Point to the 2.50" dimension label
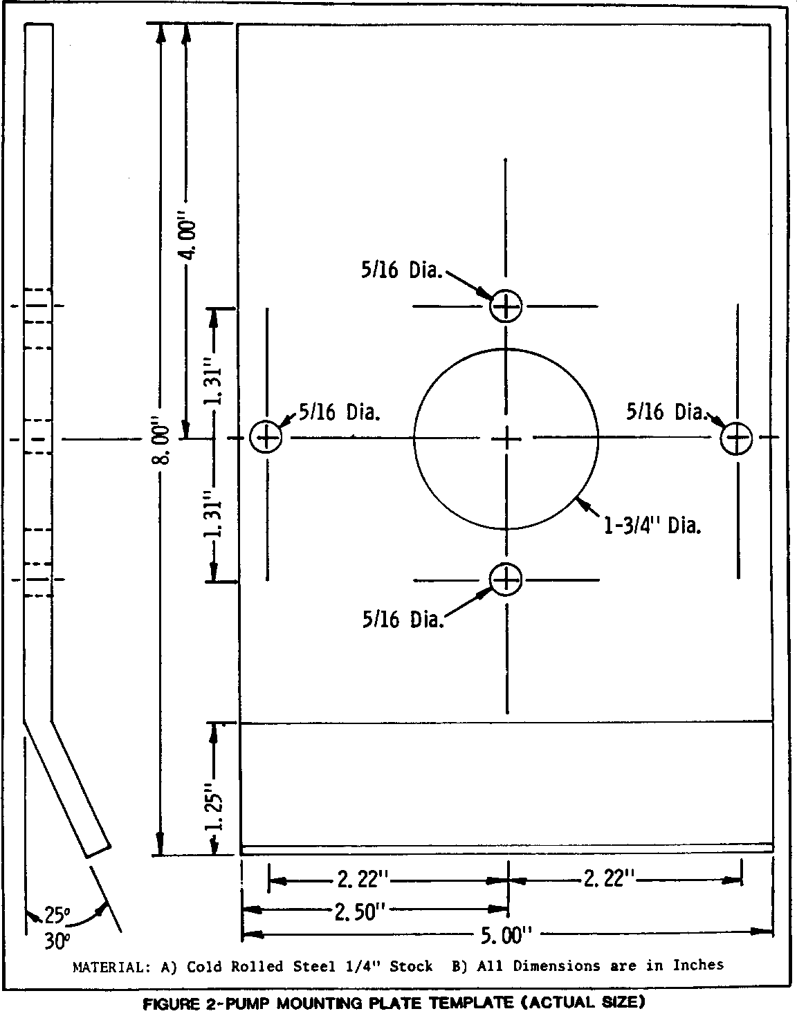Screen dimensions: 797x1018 [360, 911]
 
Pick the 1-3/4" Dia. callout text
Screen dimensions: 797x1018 [652, 526]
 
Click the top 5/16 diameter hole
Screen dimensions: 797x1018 [506, 306]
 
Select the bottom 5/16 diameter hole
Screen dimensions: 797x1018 [506, 580]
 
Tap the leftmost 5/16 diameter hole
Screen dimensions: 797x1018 [266, 438]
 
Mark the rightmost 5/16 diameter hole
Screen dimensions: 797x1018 [736, 438]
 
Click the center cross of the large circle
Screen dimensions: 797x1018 [506, 439]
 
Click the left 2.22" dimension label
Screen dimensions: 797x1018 [364, 878]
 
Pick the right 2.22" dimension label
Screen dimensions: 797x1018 [609, 878]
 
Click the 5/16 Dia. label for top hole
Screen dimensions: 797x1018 [402, 270]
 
